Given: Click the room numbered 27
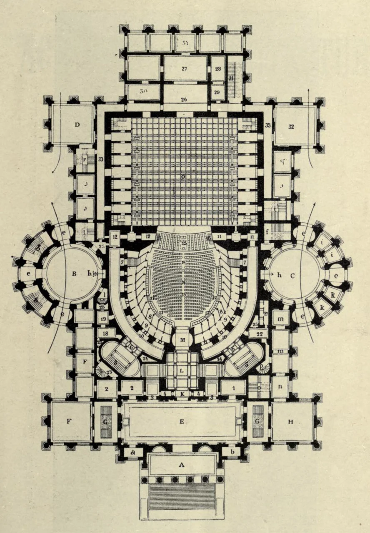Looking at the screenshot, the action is (185, 68).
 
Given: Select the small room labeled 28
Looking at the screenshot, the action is (218, 68).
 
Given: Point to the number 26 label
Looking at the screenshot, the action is (185, 100).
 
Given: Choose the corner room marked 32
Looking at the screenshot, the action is (291, 126).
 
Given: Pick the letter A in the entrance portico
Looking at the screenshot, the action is (181, 465).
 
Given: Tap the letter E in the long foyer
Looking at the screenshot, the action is (182, 421).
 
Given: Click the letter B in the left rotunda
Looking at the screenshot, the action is (74, 274).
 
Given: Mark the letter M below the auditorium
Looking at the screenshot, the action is (182, 340).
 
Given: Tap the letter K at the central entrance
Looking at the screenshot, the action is (182, 393).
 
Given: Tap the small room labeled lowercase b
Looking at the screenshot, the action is (231, 452).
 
